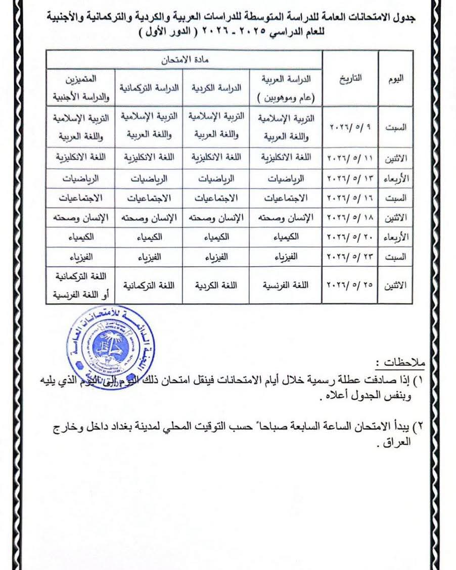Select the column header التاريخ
coord(350,79)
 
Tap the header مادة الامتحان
coord(184,60)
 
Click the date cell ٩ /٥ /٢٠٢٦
coord(350,126)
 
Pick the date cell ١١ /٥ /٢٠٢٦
coord(350,158)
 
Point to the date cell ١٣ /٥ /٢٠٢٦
coord(350,178)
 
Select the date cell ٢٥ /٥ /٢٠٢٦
coord(350,285)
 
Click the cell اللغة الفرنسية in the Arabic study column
coord(286,285)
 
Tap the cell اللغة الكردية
coord(216,285)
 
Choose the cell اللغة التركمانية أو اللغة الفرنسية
coord(81,285)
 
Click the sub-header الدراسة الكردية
coord(216,87)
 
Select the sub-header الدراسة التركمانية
coord(149,87)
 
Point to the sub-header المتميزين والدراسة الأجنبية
coord(81,87)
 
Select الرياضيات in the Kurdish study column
coord(216,178)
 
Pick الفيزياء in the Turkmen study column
coord(149,257)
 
